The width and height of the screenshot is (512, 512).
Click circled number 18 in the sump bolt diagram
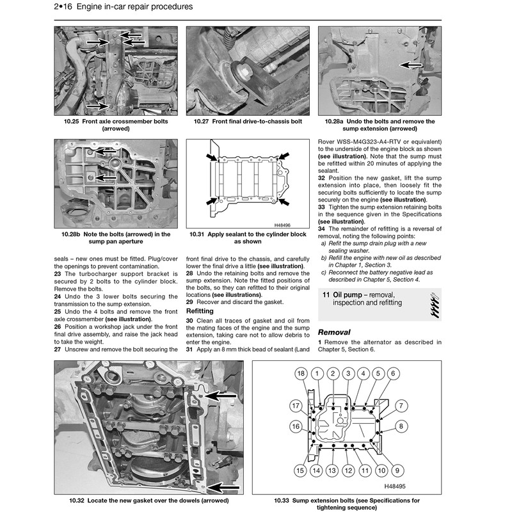pyautogui.click(x=300, y=373)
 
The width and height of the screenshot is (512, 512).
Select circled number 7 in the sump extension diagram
pyautogui.click(x=400, y=405)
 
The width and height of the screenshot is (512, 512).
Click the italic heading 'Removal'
pyautogui.click(x=334, y=332)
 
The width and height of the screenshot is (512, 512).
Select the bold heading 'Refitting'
pyautogui.click(x=200, y=310)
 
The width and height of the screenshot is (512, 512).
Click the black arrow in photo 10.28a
pyautogui.click(x=411, y=65)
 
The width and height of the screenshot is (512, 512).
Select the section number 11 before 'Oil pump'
pyautogui.click(x=326, y=294)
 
